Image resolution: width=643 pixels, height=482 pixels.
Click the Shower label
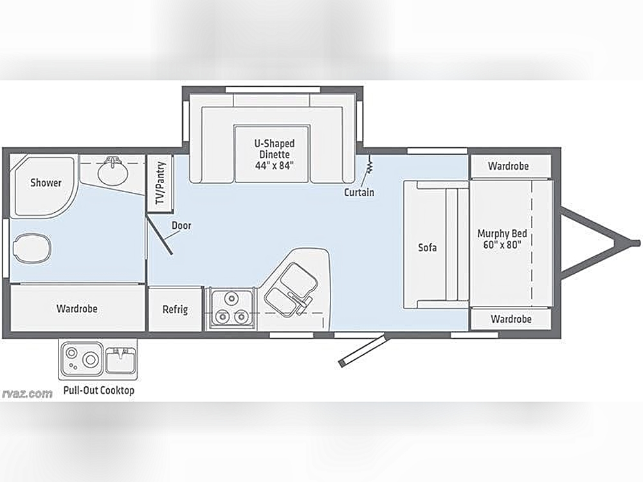[46, 183]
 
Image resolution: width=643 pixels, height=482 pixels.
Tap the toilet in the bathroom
[33, 248]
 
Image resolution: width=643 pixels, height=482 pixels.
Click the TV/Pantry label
[160, 183]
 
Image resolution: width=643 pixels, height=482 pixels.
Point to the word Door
[181, 226]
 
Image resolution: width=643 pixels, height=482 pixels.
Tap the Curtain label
[359, 192]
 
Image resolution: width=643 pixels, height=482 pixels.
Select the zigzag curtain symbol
[370, 165]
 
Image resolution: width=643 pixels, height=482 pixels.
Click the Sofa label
[428, 247]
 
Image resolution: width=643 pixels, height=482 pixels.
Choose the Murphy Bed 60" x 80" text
[502, 239]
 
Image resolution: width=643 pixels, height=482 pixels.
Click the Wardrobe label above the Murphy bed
[508, 166]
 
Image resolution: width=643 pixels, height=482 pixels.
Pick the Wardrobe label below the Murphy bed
[511, 319]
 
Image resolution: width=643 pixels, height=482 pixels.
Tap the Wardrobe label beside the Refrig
[77, 308]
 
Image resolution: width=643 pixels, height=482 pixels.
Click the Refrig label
[175, 310]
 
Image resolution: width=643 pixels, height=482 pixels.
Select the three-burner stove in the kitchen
[231, 308]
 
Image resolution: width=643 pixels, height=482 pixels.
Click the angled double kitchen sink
[291, 289]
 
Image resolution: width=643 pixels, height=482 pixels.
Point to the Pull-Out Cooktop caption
[99, 390]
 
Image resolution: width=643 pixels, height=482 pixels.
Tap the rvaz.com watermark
[28, 394]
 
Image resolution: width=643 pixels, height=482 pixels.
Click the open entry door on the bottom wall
[363, 350]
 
